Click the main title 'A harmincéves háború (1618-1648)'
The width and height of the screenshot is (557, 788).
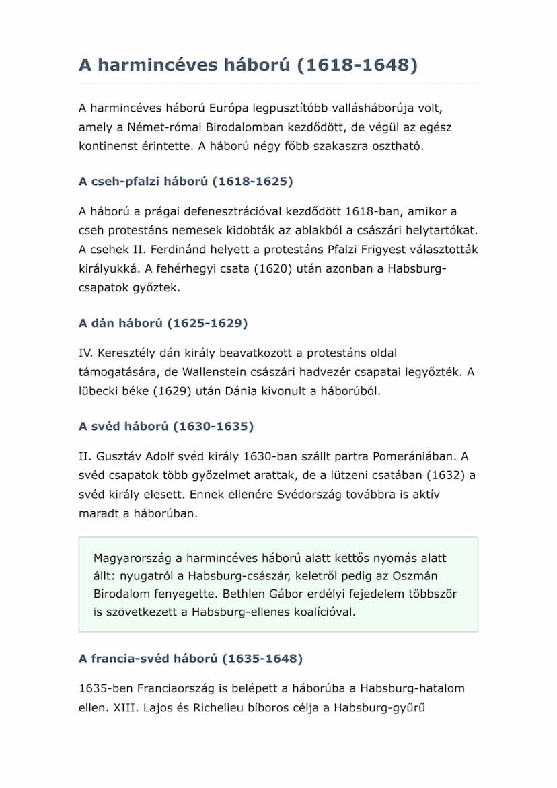click(x=248, y=65)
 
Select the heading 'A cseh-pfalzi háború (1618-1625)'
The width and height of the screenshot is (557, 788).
click(x=186, y=182)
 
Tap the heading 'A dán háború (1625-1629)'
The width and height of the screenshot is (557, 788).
click(x=163, y=323)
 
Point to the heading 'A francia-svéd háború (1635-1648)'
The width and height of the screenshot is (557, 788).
click(x=190, y=658)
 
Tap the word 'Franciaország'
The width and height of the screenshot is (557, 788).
click(x=178, y=688)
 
